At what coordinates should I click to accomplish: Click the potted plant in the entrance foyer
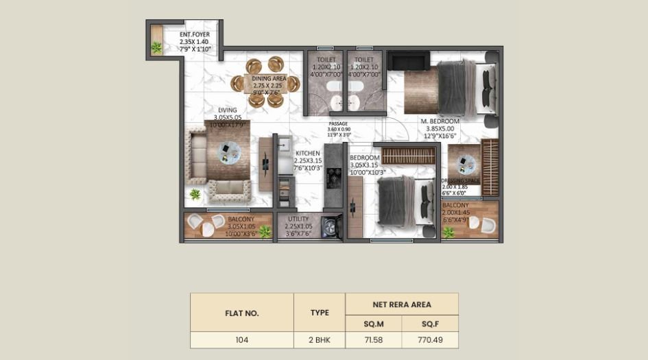(157, 47)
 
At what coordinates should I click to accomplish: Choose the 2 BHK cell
(320, 340)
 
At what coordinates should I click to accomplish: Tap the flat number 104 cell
(241, 340)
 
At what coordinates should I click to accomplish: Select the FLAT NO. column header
(241, 313)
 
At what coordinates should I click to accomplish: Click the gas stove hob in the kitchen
(334, 178)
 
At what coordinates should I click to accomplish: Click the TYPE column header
(320, 313)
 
